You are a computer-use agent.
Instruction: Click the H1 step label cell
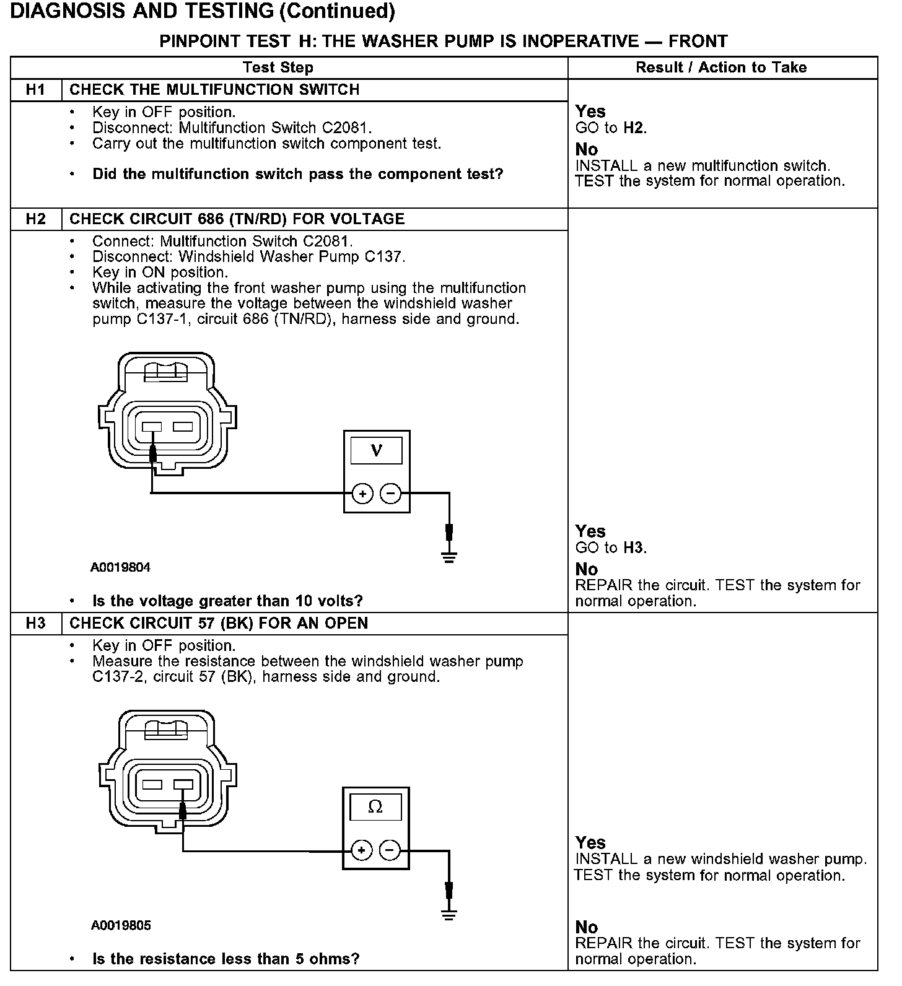pyautogui.click(x=36, y=90)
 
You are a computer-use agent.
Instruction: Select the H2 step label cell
pyautogui.click(x=36, y=219)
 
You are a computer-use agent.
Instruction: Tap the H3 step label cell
pyautogui.click(x=36, y=624)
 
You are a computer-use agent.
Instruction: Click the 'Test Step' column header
pyautogui.click(x=278, y=68)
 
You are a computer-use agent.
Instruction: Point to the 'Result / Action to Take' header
pyautogui.click(x=721, y=68)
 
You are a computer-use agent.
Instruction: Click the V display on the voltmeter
pyautogui.click(x=376, y=450)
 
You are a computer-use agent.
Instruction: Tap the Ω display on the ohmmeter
pyautogui.click(x=375, y=807)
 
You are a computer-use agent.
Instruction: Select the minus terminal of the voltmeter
pyautogui.click(x=390, y=494)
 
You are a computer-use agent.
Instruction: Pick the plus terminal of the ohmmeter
pyautogui.click(x=361, y=850)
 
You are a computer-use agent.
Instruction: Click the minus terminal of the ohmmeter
pyautogui.click(x=389, y=850)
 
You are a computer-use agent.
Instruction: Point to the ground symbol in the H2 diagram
pyautogui.click(x=449, y=557)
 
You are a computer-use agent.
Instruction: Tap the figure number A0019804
pyautogui.click(x=120, y=567)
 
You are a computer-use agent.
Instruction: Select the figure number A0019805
pyautogui.click(x=121, y=925)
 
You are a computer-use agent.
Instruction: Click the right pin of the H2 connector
pyautogui.click(x=183, y=427)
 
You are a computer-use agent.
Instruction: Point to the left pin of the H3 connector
pyautogui.click(x=152, y=785)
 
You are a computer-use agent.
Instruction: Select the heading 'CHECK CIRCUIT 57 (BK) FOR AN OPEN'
pyautogui.click(x=219, y=624)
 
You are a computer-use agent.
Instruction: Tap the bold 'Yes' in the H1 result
pyautogui.click(x=590, y=111)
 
